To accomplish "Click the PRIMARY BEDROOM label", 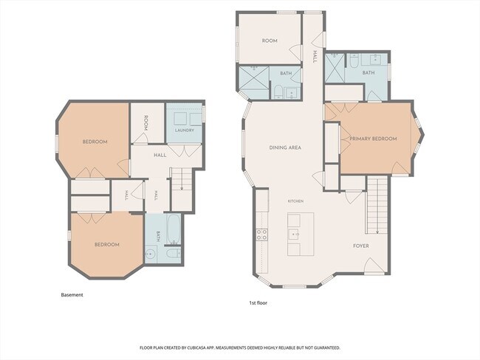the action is pos(373,139).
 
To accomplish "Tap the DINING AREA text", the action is pos(285,148).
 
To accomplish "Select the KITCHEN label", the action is pos(295,201).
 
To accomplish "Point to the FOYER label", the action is pos(361,246).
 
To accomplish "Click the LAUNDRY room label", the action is pos(185,130).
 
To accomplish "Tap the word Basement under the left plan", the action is pos(72,295).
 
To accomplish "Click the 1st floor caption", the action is pos(258,302).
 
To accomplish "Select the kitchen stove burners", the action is pos(262,235).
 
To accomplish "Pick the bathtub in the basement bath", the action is pos(174,229).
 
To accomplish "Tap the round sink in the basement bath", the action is pos(150,254).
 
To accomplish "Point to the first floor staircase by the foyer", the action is pos(377,205).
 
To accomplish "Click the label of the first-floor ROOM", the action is pos(270,41).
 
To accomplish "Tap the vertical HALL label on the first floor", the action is pos(315,57).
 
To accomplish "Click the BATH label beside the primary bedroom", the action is pos(368,73).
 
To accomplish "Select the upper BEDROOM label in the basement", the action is pos(95,142).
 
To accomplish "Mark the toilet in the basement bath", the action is pos(174,253).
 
